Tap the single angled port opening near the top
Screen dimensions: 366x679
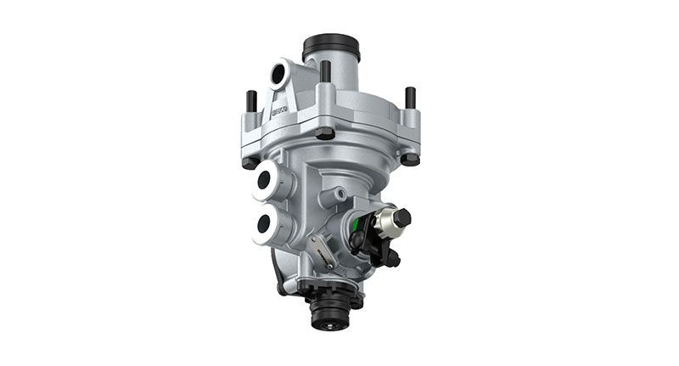coord(279,75)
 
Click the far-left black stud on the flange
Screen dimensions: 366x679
coord(251,101)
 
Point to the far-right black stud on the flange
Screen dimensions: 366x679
coord(411,97)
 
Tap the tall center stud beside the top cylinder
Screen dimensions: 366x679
coord(325,71)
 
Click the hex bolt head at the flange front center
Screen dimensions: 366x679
coord(324,133)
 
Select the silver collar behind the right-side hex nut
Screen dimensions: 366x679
coord(386,222)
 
